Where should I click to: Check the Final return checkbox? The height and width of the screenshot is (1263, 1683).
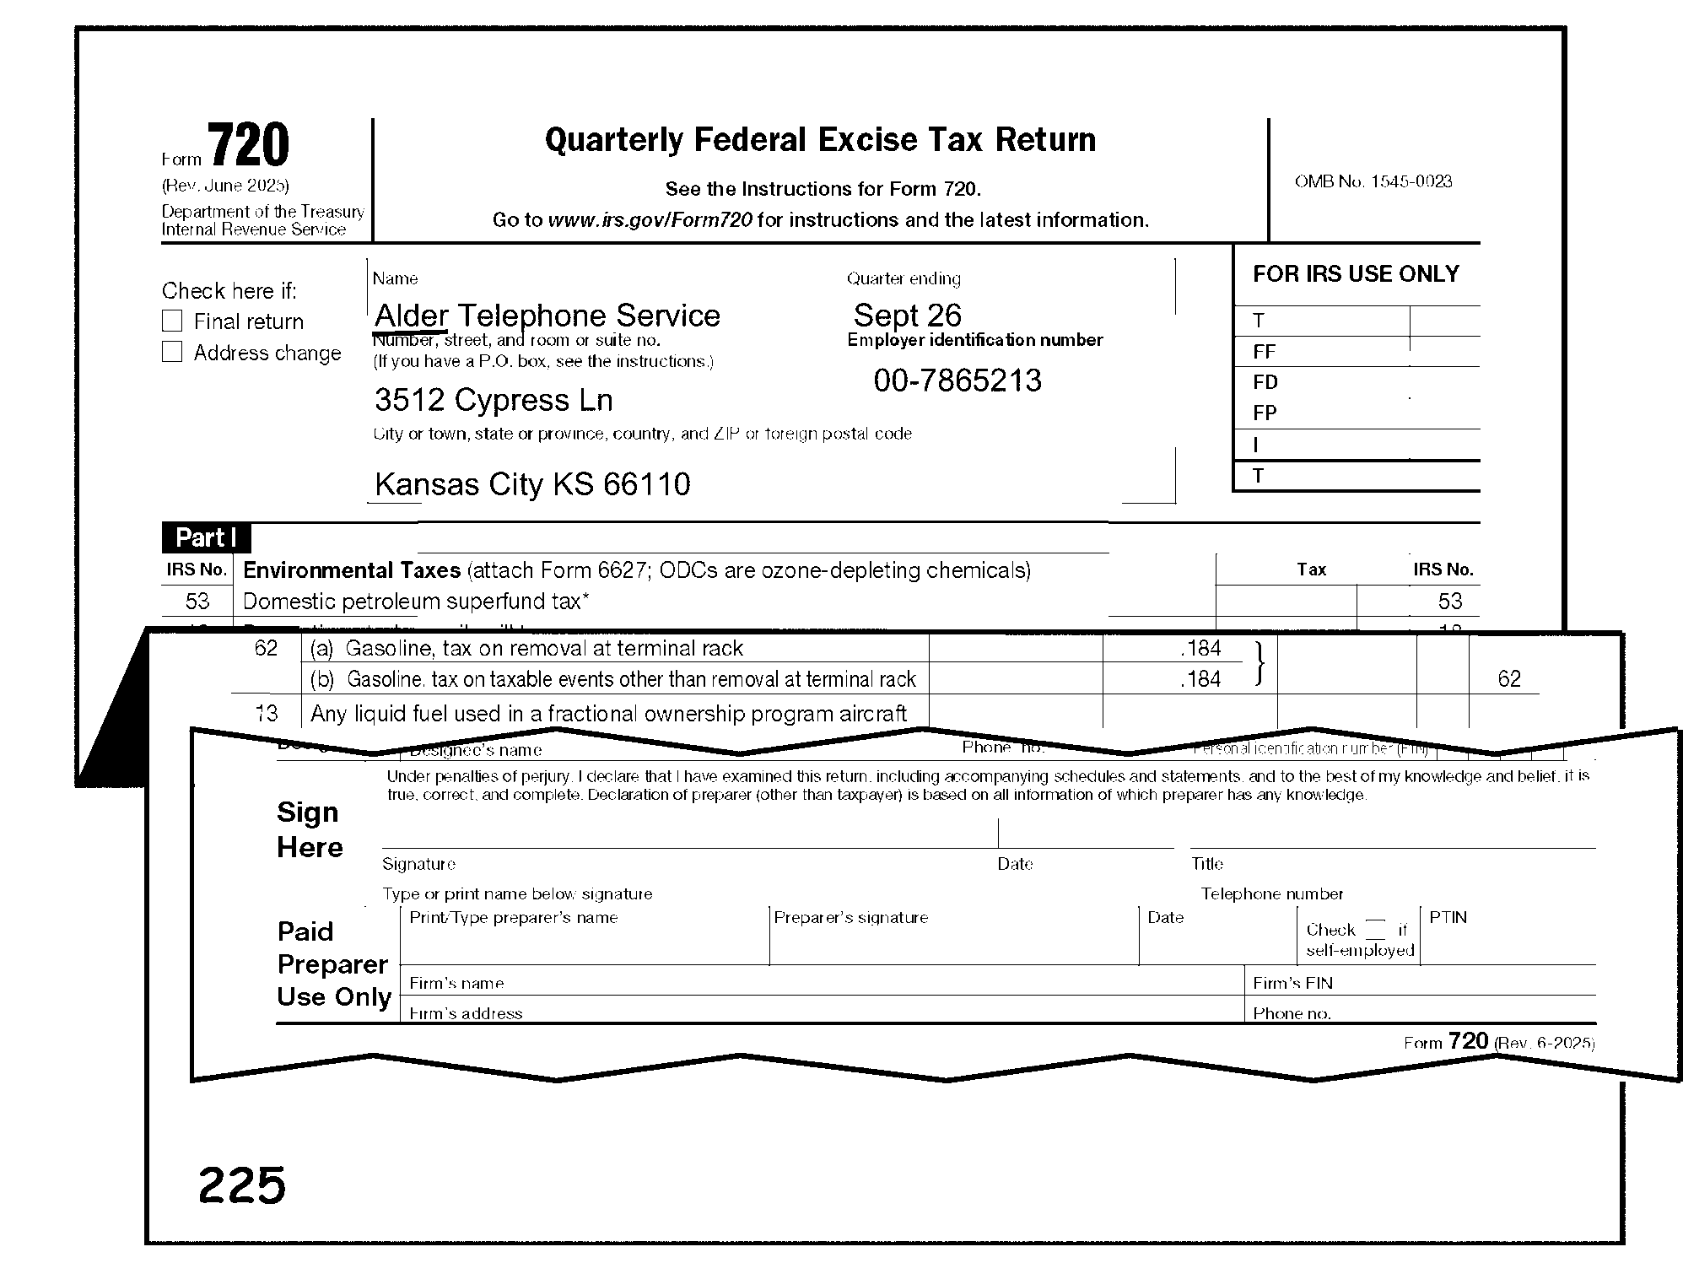coord(172,321)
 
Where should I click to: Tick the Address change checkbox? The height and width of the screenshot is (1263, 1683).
coord(172,353)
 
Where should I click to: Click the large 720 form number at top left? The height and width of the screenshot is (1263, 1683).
coord(248,145)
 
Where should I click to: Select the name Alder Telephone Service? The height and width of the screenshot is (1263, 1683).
coord(547,316)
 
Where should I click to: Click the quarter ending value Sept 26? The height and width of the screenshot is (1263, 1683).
coord(907,316)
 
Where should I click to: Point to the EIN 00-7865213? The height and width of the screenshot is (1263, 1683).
coord(957,381)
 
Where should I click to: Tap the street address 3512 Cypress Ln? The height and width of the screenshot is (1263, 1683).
coord(494,400)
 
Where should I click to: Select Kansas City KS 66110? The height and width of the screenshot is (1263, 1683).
coord(532,484)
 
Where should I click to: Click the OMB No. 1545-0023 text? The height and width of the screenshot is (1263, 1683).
coord(1373,181)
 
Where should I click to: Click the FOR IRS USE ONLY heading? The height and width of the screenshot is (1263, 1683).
coord(1356,274)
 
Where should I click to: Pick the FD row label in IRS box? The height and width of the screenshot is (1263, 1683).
coord(1265,382)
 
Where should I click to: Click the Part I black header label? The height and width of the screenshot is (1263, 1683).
coord(206,538)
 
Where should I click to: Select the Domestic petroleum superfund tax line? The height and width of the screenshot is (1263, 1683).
coord(416,602)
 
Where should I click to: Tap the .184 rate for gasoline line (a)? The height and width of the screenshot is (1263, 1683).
coord(1200,648)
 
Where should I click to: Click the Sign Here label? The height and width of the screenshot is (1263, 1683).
coord(309,829)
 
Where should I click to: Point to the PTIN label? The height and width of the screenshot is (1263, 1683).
coord(1448,917)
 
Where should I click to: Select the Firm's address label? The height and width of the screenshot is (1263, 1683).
coord(466,1013)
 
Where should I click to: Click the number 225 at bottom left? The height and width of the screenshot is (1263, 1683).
coord(242,1185)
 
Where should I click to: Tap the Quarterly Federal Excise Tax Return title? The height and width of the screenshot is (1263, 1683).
coord(820,140)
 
